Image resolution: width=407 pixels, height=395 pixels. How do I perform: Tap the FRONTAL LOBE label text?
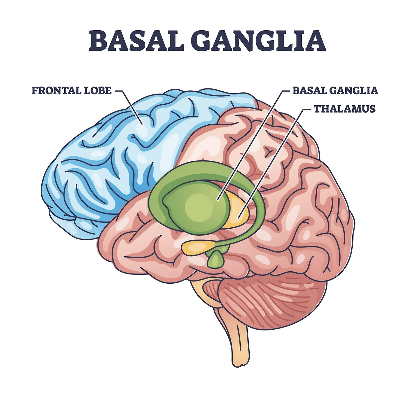point(72,90)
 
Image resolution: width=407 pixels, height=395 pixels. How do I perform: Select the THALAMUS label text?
point(345,109)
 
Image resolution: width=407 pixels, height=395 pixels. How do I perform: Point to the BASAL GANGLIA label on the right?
point(335,90)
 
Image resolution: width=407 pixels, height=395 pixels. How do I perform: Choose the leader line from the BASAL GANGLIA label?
point(251,143)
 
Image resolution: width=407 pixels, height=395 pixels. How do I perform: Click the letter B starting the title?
point(97,41)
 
